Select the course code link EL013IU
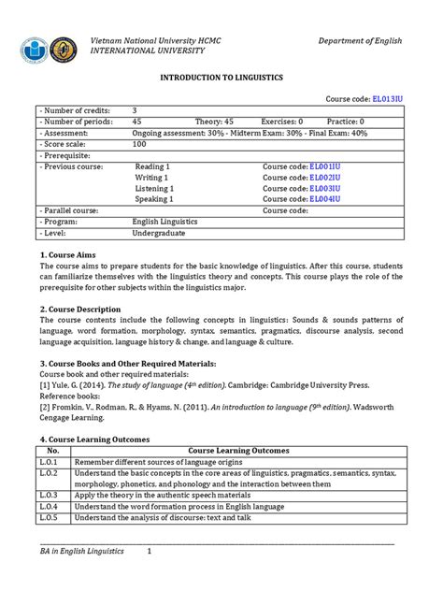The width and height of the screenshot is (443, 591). pos(386,98)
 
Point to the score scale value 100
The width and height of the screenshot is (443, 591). pos(140,145)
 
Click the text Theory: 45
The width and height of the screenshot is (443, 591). pos(214,122)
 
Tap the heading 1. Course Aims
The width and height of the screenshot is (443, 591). pos(75,255)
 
